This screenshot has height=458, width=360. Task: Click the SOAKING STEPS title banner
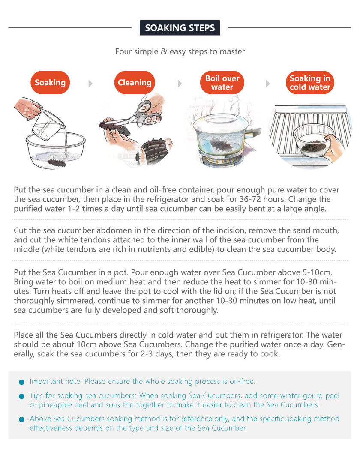(x=180, y=28)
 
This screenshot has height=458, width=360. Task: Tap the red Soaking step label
(x=50, y=82)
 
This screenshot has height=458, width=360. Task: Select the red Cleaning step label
(x=135, y=82)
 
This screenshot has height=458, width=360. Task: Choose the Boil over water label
(x=222, y=82)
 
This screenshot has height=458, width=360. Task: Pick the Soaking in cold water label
(x=310, y=82)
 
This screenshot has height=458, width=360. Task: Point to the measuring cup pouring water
(x=48, y=125)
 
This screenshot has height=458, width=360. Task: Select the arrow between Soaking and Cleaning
(x=90, y=84)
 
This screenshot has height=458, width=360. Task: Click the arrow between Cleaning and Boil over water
(x=180, y=84)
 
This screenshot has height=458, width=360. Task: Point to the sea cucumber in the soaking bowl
(x=57, y=162)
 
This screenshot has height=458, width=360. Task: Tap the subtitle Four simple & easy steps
(x=180, y=51)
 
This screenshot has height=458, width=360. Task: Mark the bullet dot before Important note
(x=21, y=382)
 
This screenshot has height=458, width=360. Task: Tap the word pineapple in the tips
(x=56, y=405)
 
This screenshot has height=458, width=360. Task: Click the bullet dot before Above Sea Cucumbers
(x=21, y=419)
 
